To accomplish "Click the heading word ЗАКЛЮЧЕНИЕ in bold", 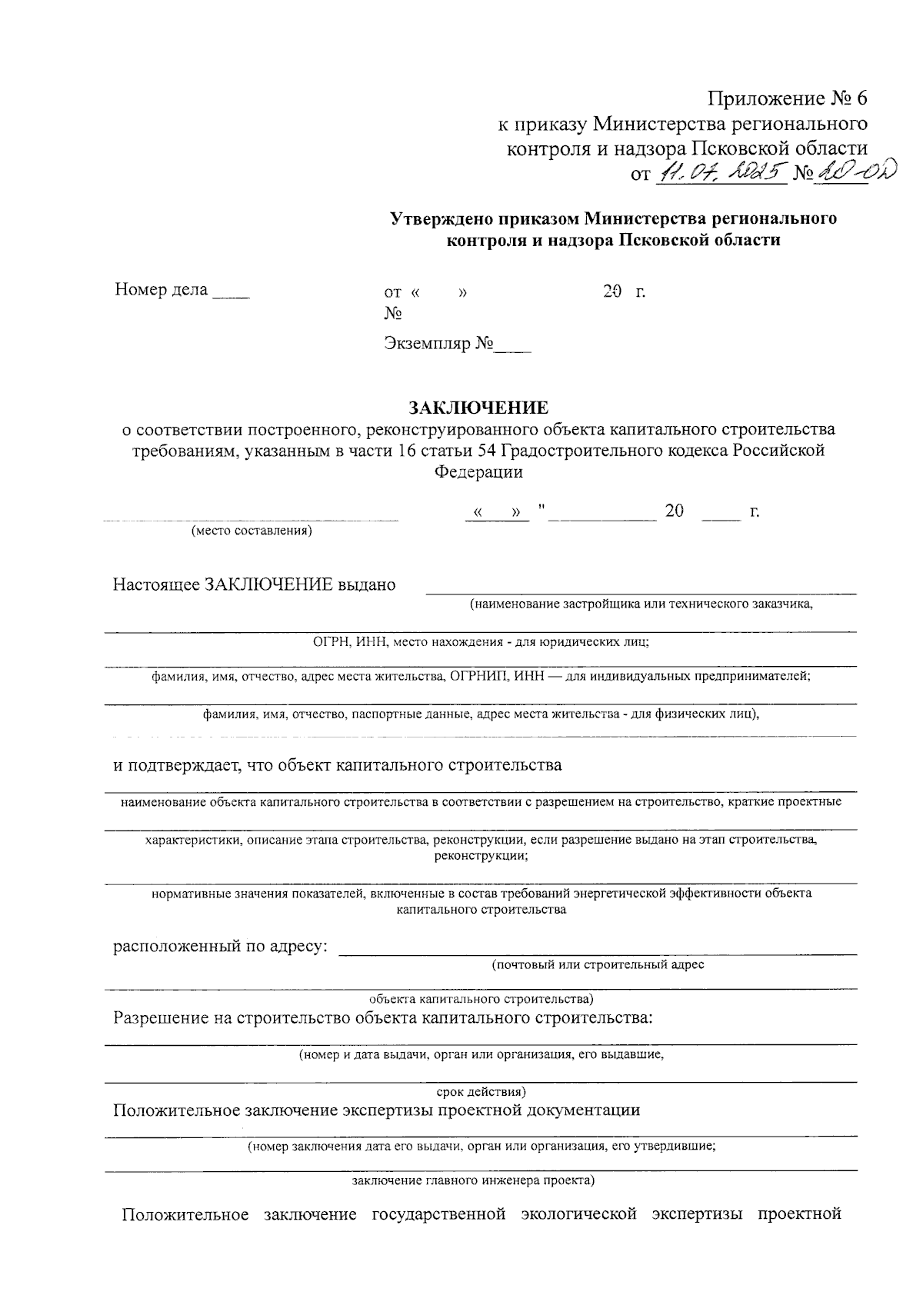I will pyautogui.click(x=478, y=407).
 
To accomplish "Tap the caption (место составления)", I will pyautogui.click(x=252, y=531).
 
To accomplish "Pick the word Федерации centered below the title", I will pyautogui.click(x=478, y=472).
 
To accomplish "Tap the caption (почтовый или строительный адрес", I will pyautogui.click(x=598, y=964).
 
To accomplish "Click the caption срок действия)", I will pyautogui.click(x=481, y=1091).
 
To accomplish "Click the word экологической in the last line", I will pyautogui.click(x=578, y=1215).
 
